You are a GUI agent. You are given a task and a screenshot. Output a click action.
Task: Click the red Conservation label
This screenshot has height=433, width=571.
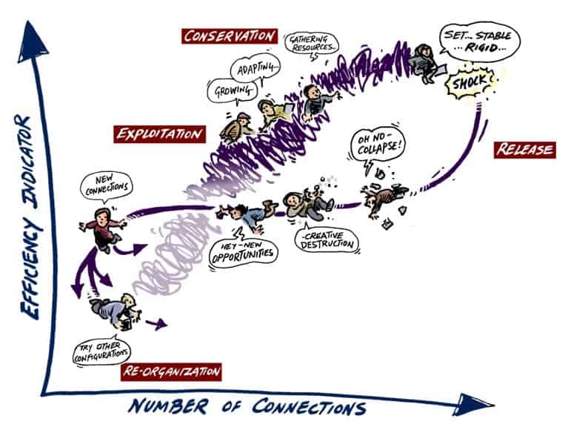pyautogui.click(x=230, y=36)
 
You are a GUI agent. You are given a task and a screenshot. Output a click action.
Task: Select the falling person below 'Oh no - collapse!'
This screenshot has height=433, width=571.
pyautogui.click(x=382, y=199)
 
